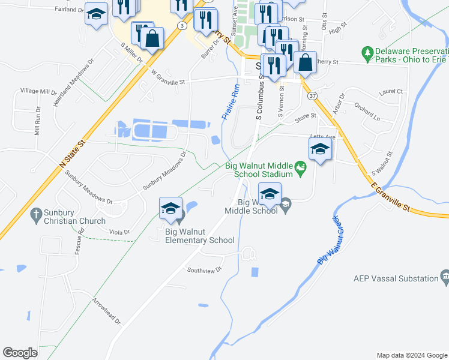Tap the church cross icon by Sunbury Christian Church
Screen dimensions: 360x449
[x=37, y=213]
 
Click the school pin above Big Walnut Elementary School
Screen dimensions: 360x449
[x=171, y=208]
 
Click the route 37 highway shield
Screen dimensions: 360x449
[x=312, y=95]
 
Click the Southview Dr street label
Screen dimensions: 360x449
[x=204, y=270]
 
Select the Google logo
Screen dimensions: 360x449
[x=20, y=353]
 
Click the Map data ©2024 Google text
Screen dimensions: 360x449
[x=412, y=355]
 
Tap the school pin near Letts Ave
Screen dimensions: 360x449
[x=319, y=149]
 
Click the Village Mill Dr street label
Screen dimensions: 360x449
[x=38, y=91]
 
